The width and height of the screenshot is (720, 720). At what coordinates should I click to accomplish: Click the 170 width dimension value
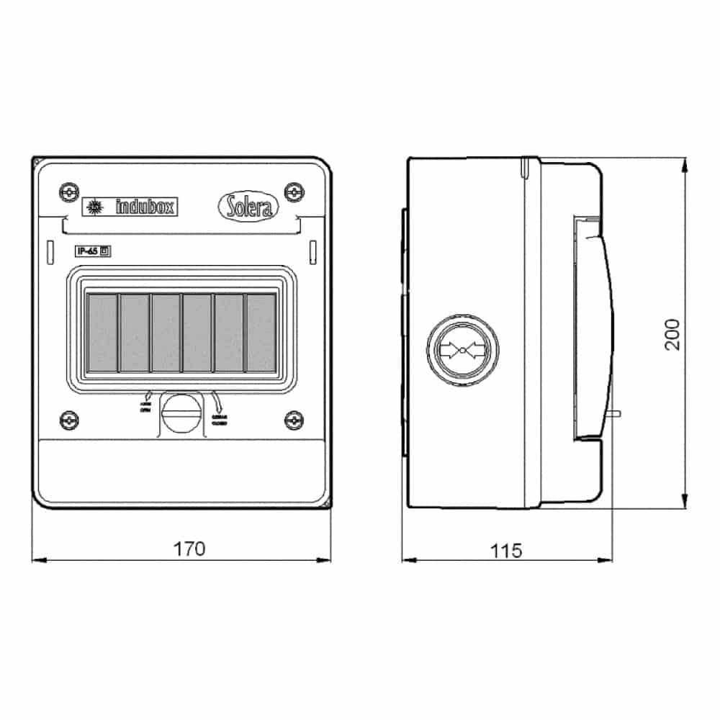click(189, 549)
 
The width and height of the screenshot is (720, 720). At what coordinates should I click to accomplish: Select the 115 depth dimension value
click(506, 551)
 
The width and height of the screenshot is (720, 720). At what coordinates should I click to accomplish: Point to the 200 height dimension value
click(672, 334)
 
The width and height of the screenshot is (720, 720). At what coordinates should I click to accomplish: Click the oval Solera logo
click(247, 207)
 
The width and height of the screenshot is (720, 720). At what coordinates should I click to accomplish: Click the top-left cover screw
click(68, 192)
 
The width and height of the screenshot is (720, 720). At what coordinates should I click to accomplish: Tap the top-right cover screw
click(294, 192)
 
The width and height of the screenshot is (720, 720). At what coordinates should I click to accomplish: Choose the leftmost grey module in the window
click(102, 333)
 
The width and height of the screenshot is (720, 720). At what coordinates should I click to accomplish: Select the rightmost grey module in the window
click(261, 333)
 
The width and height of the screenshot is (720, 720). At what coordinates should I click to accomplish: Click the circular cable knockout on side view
click(463, 351)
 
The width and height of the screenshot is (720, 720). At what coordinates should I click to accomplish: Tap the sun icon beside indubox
click(93, 207)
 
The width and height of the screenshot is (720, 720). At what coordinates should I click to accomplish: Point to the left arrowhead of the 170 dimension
click(36, 559)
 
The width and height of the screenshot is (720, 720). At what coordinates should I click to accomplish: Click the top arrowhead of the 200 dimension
click(684, 163)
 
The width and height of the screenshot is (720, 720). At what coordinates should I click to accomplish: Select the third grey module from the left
click(166, 333)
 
